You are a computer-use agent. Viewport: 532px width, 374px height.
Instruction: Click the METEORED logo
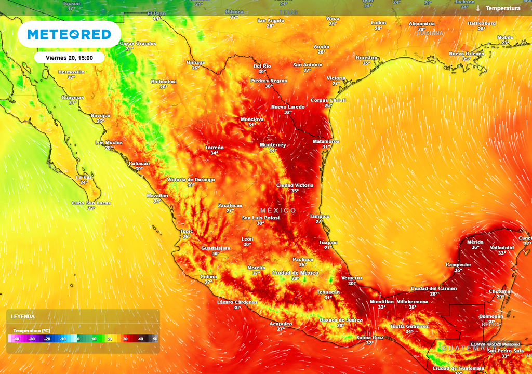(69, 34)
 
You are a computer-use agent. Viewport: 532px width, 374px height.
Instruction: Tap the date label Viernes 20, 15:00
(69, 58)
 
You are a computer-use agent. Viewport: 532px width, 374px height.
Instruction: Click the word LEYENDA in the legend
(23, 316)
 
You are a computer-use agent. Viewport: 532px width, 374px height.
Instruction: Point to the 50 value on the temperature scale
(155, 339)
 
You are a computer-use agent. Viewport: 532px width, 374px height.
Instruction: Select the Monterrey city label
(273, 145)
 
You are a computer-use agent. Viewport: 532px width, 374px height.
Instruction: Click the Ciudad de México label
(295, 273)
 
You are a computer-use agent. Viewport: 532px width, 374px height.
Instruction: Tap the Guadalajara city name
(215, 248)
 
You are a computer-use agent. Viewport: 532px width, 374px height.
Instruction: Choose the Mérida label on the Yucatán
(475, 242)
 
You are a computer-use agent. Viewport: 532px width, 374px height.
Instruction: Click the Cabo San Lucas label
(91, 203)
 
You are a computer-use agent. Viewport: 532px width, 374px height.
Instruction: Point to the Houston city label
(366, 58)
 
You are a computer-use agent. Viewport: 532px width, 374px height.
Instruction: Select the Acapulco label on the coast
(281, 324)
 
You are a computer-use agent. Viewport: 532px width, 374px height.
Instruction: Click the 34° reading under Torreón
(214, 153)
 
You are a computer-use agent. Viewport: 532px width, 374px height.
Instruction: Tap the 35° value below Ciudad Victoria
(295, 191)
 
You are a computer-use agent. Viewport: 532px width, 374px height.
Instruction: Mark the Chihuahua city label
(164, 82)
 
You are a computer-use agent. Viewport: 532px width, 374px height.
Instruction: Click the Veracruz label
(352, 278)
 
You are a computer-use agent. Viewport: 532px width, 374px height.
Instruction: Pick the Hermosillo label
(71, 72)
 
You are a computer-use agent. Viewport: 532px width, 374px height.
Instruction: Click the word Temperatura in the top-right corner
(503, 8)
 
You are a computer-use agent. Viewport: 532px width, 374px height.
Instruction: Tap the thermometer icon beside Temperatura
(477, 8)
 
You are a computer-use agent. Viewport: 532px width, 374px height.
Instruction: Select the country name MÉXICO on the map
(278, 210)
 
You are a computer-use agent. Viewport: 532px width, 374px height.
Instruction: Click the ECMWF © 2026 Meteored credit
(495, 344)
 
